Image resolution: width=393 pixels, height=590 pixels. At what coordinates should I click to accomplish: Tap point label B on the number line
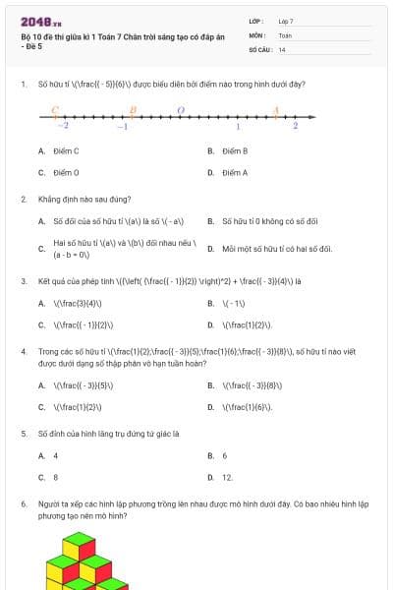click(x=132, y=110)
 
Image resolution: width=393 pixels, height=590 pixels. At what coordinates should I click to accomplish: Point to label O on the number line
click(x=179, y=110)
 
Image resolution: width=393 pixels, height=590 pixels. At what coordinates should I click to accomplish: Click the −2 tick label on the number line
click(x=63, y=127)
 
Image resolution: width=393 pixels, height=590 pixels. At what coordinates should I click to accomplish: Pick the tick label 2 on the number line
click(x=295, y=127)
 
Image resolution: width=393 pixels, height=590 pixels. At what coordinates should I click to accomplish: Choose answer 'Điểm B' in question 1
click(x=234, y=151)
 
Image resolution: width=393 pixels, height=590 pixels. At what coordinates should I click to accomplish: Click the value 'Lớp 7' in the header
click(x=286, y=20)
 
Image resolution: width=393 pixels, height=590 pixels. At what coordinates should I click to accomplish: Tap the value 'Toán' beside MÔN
click(x=285, y=34)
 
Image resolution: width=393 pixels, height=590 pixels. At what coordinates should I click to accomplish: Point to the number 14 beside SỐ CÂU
click(x=282, y=48)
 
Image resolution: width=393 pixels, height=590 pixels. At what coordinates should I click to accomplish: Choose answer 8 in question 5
click(x=55, y=477)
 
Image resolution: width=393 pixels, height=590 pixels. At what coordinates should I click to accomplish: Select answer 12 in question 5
click(x=227, y=477)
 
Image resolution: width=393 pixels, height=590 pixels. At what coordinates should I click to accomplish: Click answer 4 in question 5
click(x=55, y=456)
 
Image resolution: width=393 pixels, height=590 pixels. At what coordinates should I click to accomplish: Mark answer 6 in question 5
click(x=225, y=456)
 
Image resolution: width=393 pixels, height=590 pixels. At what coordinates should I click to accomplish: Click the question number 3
click(x=23, y=281)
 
